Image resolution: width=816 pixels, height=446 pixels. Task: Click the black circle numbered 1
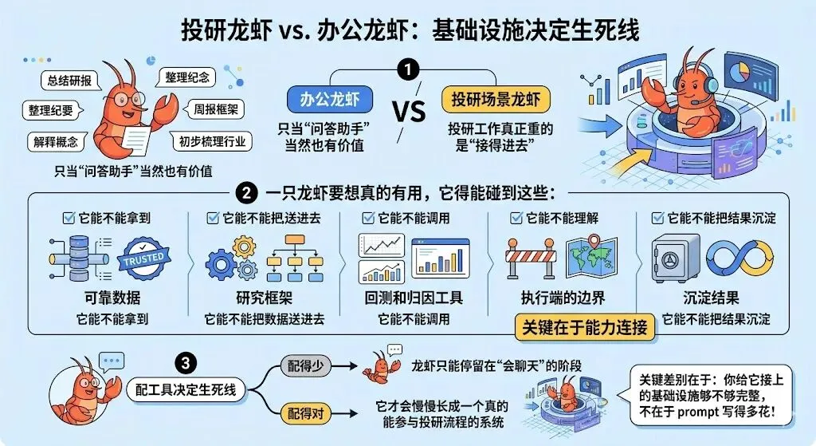coord(409,70)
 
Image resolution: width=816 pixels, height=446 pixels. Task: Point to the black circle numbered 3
coord(186,364)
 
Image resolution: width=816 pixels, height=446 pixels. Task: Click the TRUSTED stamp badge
coord(143,258)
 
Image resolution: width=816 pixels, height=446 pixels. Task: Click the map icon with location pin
coord(591,258)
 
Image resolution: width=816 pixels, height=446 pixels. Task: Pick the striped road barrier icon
coord(529,261)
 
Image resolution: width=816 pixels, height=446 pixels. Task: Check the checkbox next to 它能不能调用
coord(368,217)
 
